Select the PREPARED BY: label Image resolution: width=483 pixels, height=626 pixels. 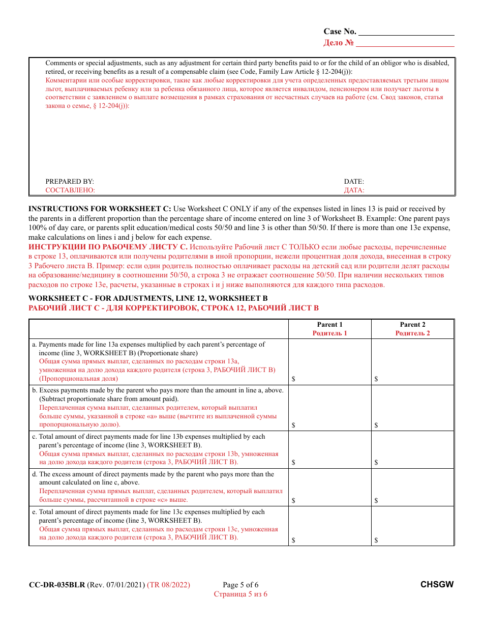pyautogui.click(x=70, y=181)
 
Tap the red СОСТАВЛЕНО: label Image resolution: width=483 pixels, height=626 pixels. pyautogui.click(x=70, y=190)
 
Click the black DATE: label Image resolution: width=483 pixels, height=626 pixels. pyautogui.click(x=354, y=181)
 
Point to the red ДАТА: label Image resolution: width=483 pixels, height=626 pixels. pyautogui.click(x=354, y=190)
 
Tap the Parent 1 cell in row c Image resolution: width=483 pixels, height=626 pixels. pyautogui.click(x=329, y=449)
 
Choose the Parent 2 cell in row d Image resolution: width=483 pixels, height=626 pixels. pyautogui.click(x=412, y=487)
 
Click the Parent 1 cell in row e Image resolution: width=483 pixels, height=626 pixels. pyautogui.click(x=329, y=526)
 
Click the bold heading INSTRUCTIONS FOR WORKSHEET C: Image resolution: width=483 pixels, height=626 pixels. pyautogui.click(x=100, y=209)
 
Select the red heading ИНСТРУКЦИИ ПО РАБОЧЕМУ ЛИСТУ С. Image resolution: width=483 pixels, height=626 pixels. pyautogui.click(x=108, y=247)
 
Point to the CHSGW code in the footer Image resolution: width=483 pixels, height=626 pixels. pyautogui.click(x=437, y=585)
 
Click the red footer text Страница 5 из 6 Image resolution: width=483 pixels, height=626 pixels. pyautogui.click(x=240, y=594)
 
